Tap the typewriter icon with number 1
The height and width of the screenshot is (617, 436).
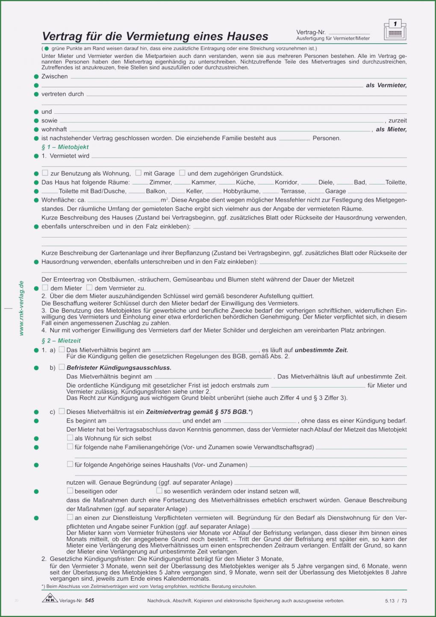click(x=395, y=30)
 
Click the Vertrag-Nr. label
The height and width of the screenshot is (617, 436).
click(x=311, y=32)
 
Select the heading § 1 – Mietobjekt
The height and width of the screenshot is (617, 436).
click(x=65, y=147)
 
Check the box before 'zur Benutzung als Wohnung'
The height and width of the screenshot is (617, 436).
click(x=45, y=173)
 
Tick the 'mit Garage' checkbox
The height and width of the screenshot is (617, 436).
click(x=138, y=173)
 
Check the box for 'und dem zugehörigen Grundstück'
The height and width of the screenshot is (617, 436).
click(x=182, y=173)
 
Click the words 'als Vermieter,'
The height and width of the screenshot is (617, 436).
click(x=386, y=85)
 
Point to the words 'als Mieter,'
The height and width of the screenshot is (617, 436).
click(x=391, y=129)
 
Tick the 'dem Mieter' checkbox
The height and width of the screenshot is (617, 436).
click(x=45, y=288)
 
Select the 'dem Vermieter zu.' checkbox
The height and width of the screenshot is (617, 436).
click(x=89, y=288)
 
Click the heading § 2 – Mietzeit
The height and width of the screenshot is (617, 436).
click(x=61, y=341)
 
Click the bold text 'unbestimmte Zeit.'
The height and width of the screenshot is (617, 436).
click(x=321, y=350)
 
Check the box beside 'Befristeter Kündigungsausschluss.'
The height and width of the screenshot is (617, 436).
click(x=62, y=367)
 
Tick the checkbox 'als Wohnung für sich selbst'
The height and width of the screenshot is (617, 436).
click(x=70, y=438)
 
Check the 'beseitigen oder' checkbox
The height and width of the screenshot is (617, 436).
click(x=70, y=491)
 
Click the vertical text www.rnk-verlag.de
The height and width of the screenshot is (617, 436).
click(x=21, y=308)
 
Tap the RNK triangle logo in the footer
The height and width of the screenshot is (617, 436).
click(x=50, y=599)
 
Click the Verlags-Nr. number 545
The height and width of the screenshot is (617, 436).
click(x=89, y=600)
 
